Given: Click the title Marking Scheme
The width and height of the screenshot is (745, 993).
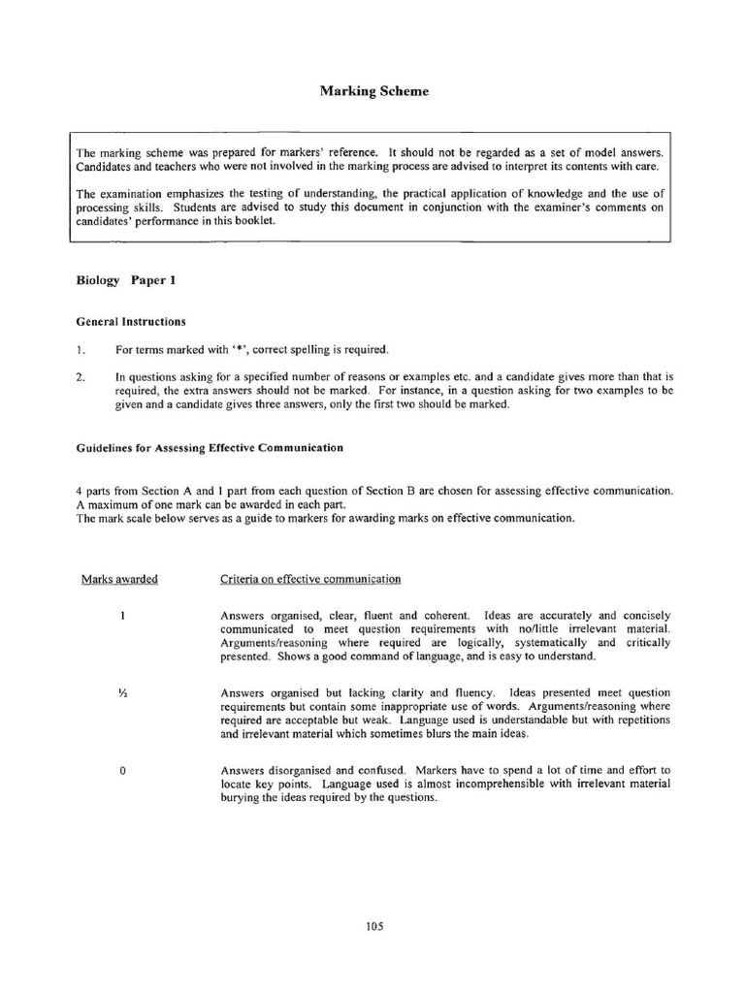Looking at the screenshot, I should point(373,91).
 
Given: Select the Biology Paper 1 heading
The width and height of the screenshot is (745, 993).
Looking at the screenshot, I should point(126,280).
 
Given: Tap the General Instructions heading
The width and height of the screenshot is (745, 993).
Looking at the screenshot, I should point(131,321).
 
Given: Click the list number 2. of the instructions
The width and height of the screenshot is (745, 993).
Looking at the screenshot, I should point(81,374).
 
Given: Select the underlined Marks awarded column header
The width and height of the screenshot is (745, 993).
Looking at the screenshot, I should point(119,579).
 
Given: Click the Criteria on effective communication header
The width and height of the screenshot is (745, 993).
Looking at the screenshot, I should point(310,579).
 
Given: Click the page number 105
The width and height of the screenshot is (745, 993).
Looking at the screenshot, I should point(375,926).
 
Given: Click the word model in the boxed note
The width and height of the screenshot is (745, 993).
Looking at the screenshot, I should point(607,153).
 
